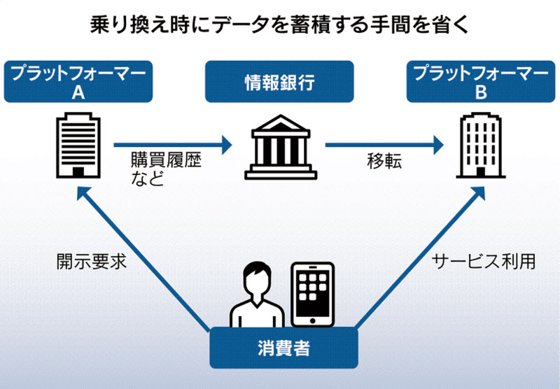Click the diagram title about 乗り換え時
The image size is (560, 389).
coord(280,24)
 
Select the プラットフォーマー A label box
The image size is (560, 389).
coord(78,82)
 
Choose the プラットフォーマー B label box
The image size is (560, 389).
coord(481,82)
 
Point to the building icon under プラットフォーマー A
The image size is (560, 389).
coord(78,146)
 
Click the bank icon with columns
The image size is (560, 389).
coord(278,148)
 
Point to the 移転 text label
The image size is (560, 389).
coord(384,161)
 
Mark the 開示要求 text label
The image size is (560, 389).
coord(90,262)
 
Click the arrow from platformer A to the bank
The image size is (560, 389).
coord(172,146)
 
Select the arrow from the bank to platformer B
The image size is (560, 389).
coord(384,146)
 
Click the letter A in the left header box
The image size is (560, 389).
coord(78,91)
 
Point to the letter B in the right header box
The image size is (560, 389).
coord(481,91)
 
